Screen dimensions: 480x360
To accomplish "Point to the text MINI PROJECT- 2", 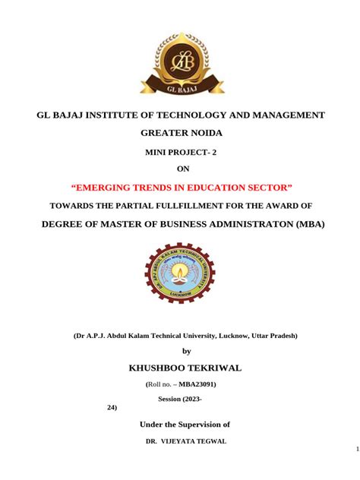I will [181, 153].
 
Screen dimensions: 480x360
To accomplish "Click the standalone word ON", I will [181, 169].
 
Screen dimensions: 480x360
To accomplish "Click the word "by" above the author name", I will [187, 350].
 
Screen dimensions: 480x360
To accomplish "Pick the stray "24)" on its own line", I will [112, 408].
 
